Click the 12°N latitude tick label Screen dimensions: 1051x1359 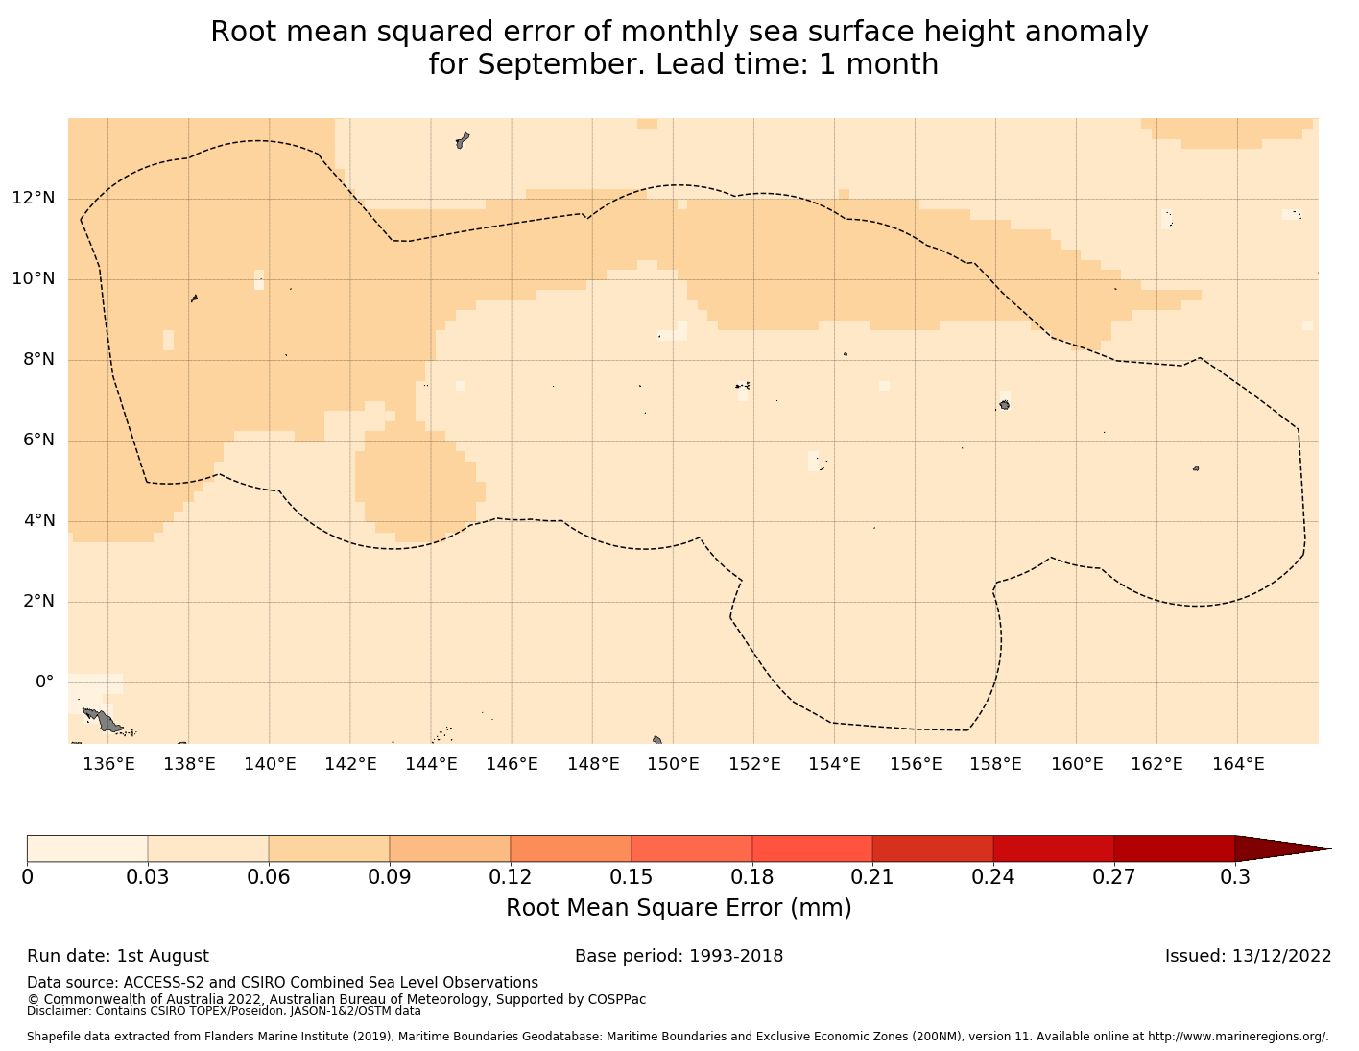point(33,199)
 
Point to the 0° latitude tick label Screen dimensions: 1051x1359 point(44,682)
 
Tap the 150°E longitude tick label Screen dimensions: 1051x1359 point(673,764)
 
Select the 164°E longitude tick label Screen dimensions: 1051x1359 point(1237,764)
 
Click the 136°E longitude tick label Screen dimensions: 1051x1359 point(108,764)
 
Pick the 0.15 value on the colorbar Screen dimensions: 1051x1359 point(631,876)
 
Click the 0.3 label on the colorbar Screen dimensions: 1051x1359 point(1234,876)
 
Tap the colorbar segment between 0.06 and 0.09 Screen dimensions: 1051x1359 point(329,848)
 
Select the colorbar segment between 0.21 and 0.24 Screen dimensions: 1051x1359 point(933,848)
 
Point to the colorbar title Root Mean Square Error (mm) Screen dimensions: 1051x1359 point(679,908)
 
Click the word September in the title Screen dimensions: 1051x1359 point(542,64)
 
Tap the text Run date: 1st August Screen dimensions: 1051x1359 point(118,956)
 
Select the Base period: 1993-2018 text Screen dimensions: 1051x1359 point(679,956)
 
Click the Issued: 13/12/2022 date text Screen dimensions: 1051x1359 point(1248,956)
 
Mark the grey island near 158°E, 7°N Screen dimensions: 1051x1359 point(1004,405)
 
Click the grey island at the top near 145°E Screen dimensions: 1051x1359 point(462,140)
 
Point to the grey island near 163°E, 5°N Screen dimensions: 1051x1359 point(1196,468)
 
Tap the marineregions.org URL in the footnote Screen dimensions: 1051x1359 point(1239,1037)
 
